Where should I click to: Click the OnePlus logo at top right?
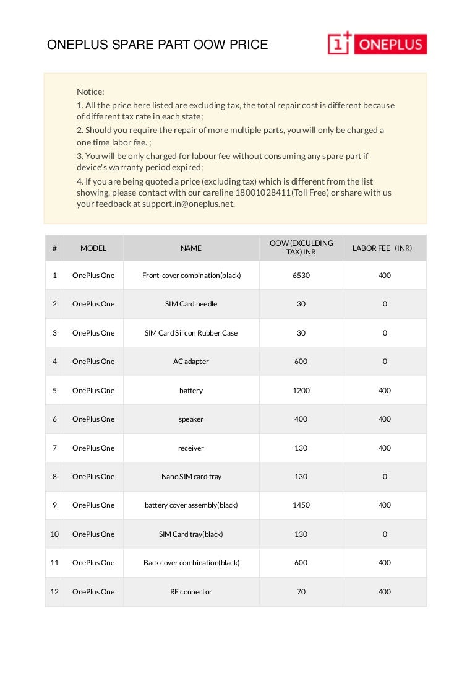377,44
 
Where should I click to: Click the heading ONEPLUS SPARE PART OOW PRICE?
158,45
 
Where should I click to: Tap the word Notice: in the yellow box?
90,92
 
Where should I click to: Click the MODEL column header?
93,248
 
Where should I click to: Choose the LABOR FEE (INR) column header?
382,248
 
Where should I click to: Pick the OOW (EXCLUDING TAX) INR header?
301,248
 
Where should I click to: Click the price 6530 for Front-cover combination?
301,276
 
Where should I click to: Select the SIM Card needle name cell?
191,304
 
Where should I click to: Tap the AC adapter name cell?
191,362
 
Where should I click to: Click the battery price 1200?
301,391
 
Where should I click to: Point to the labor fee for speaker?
385,419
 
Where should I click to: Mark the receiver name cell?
191,448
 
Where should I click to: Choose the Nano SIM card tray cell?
191,477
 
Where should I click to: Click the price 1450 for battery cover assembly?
301,505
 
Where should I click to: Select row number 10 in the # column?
54,534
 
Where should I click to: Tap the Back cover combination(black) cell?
191,563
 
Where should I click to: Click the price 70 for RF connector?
301,592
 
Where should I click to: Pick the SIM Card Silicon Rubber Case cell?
191,333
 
